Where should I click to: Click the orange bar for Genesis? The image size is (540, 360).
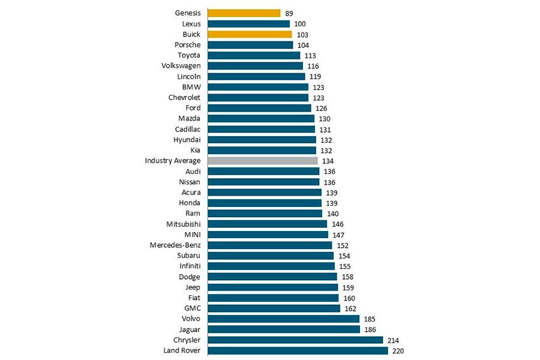coord(244,13)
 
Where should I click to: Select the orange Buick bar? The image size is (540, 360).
coord(250,34)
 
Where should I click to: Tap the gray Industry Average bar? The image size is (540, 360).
coord(262,161)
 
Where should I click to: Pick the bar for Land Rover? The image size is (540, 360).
coord(298,350)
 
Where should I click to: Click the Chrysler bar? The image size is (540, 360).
coord(295,340)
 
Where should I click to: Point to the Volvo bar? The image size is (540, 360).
coord(283,319)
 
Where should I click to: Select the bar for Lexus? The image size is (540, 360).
coord(248,24)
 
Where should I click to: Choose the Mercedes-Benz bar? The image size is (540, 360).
coord(269,245)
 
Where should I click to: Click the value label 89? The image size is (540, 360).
coord(289,13)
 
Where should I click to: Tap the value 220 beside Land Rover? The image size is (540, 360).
coord(398,350)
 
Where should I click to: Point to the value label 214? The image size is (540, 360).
coord(394,340)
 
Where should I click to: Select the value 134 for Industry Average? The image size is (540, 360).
coord(328,161)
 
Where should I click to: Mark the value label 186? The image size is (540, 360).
coord(371,329)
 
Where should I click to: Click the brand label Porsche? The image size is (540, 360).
coord(187,45)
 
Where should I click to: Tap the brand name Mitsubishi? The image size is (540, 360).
coord(184,224)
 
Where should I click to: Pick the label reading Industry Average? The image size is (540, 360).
coord(173,161)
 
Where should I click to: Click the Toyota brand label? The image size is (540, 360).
coord(189,55)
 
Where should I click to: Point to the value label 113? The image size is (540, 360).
coord(311,55)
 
